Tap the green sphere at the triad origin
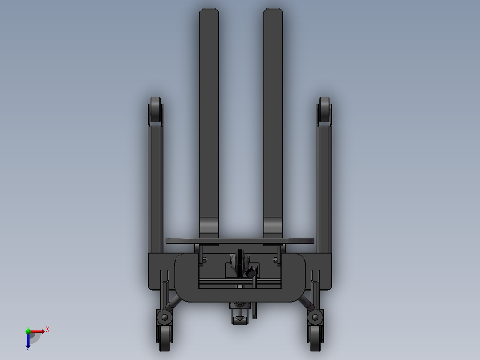click(28, 331)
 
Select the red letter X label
click(47, 329)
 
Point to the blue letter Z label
click(28, 349)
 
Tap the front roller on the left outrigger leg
click(155, 111)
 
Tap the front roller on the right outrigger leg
click(324, 111)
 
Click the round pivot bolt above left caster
click(165, 317)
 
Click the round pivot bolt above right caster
click(316, 317)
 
